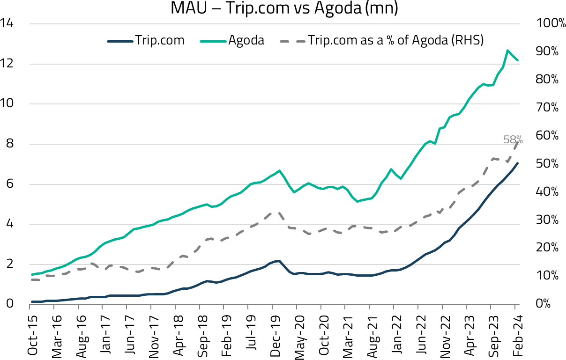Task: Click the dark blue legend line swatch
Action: point(120,42)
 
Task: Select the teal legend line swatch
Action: point(213,42)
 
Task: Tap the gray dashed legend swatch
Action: point(293,42)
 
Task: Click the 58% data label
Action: point(513,140)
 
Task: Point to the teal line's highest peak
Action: point(507,50)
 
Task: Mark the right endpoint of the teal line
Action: point(518,60)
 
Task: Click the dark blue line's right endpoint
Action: point(518,163)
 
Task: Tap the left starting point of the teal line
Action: point(31,275)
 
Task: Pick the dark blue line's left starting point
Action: point(31,302)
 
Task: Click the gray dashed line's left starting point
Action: point(31,280)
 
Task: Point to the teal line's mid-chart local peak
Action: point(279,170)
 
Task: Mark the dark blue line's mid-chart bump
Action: point(278,261)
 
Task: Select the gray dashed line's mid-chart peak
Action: point(276,212)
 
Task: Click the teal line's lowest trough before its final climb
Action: point(358,201)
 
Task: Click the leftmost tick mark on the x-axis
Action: point(30,307)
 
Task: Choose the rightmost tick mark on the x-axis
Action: point(515,307)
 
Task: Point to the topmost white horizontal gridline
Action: point(275,24)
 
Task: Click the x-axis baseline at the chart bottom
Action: point(275,304)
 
